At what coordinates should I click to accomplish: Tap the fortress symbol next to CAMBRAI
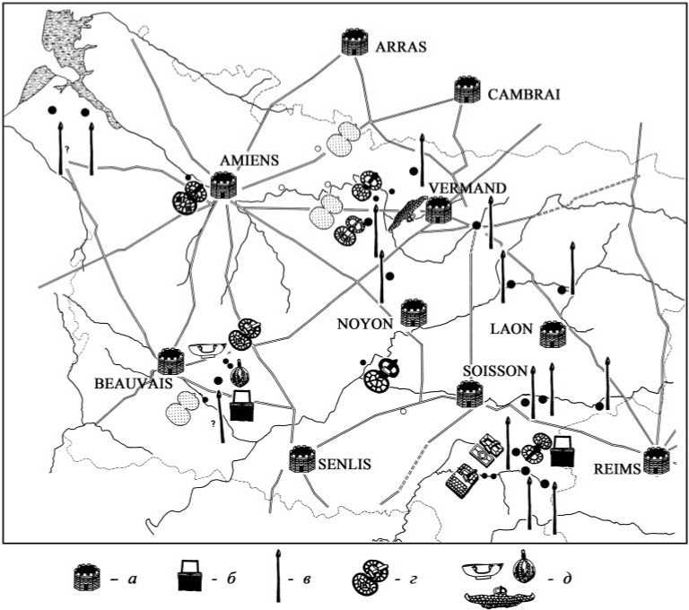coord(467,91)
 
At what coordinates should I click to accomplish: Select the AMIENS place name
coord(249,161)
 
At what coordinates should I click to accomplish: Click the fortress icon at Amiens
coord(222,186)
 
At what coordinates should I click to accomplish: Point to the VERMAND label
coord(467,187)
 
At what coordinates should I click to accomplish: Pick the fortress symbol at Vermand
coord(438,210)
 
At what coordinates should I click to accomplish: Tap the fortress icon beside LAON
coord(551,335)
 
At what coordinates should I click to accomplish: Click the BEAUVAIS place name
coord(127,382)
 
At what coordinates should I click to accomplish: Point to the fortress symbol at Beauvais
coord(170,362)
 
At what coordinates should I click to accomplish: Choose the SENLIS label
coord(346,465)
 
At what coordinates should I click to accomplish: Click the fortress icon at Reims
coord(658,462)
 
